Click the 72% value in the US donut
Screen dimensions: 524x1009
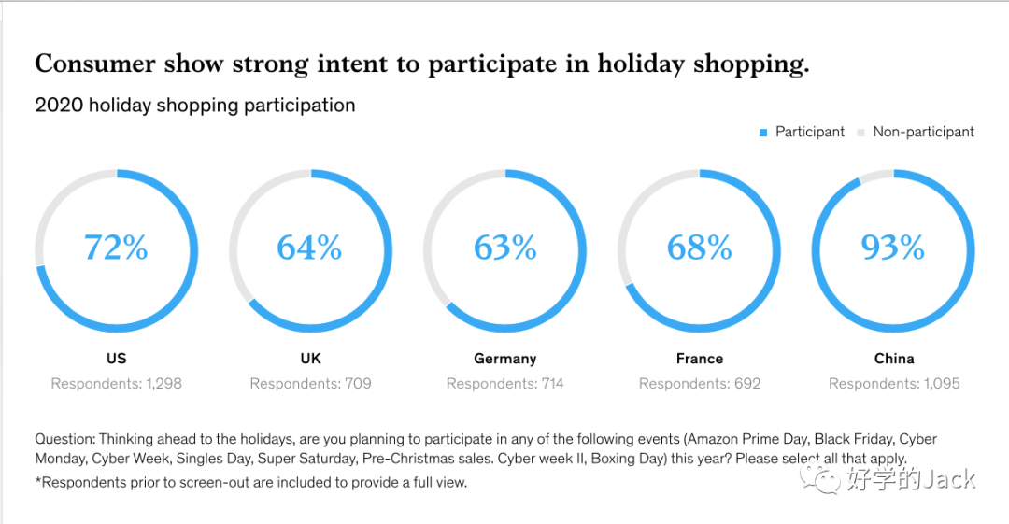click(116, 248)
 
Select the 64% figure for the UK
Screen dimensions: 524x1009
click(309, 248)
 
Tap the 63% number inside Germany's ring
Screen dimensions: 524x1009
click(505, 248)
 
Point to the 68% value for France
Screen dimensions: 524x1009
click(700, 248)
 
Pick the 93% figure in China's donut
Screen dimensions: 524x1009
click(893, 248)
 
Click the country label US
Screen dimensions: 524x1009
click(116, 359)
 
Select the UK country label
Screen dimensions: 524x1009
click(310, 359)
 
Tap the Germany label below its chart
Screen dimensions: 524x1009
click(505, 359)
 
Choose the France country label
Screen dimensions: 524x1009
click(700, 359)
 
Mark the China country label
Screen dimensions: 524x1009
click(894, 359)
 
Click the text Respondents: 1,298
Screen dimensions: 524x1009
click(116, 384)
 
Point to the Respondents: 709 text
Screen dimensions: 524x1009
click(310, 384)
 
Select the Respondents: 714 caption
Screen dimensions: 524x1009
click(505, 384)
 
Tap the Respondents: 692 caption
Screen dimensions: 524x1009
click(700, 384)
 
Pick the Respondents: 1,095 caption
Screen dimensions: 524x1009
click(894, 384)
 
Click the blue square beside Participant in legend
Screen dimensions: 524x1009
click(763, 133)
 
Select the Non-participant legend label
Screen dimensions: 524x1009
click(923, 133)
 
